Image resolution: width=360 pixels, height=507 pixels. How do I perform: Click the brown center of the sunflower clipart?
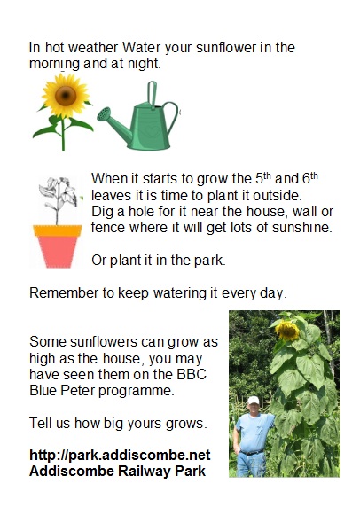[x=66, y=96]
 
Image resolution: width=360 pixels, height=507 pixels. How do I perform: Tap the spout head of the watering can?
[x=104, y=113]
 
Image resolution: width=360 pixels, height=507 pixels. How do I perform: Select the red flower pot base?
[x=58, y=252]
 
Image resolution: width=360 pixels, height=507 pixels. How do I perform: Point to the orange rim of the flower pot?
[x=58, y=230]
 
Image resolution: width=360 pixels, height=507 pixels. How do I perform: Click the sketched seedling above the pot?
[x=59, y=199]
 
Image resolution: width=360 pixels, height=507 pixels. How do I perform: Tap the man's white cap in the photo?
[x=253, y=400]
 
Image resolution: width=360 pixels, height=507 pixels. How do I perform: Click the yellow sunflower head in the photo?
[x=287, y=331]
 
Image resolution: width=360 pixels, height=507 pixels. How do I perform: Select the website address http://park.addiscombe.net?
[x=120, y=456]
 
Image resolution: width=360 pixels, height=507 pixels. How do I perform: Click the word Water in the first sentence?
[x=141, y=48]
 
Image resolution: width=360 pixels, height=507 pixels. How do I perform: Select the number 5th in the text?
[x=263, y=178]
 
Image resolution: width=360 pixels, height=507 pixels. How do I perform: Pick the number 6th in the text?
[x=310, y=178]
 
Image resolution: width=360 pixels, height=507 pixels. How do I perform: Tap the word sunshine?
[x=302, y=227]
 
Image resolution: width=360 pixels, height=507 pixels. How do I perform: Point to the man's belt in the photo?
[x=252, y=452]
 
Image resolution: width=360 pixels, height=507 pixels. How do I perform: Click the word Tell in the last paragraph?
[x=40, y=423]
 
